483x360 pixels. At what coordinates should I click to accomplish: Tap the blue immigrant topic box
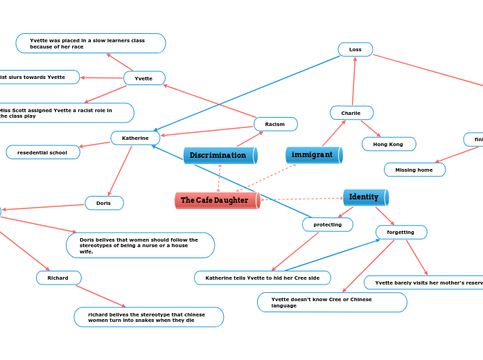[x=313, y=154]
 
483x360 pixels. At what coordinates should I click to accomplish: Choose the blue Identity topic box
[x=365, y=197]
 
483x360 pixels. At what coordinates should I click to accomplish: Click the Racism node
[x=275, y=124]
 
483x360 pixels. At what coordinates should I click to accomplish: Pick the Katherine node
[x=135, y=138]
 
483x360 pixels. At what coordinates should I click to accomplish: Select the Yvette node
[x=144, y=78]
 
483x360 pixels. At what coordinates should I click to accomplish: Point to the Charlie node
[x=351, y=113]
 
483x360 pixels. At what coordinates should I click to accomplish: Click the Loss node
[x=355, y=49]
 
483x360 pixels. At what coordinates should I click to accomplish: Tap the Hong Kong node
[x=388, y=144]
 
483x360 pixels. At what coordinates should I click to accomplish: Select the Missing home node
[x=414, y=170]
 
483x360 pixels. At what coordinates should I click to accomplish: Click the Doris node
[x=104, y=203]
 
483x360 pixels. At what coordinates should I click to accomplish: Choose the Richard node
[x=58, y=278]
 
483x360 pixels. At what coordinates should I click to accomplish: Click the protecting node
[x=327, y=224]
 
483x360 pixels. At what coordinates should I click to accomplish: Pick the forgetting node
[x=401, y=232]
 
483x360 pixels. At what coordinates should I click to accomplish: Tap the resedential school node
[x=43, y=152]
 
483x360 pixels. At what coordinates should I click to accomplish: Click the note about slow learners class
[x=90, y=44]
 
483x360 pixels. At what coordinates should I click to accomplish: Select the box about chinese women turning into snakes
[x=148, y=317]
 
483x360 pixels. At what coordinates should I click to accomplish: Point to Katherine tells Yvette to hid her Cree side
[x=262, y=278]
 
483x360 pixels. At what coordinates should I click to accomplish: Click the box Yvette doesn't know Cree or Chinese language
[x=331, y=302]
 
